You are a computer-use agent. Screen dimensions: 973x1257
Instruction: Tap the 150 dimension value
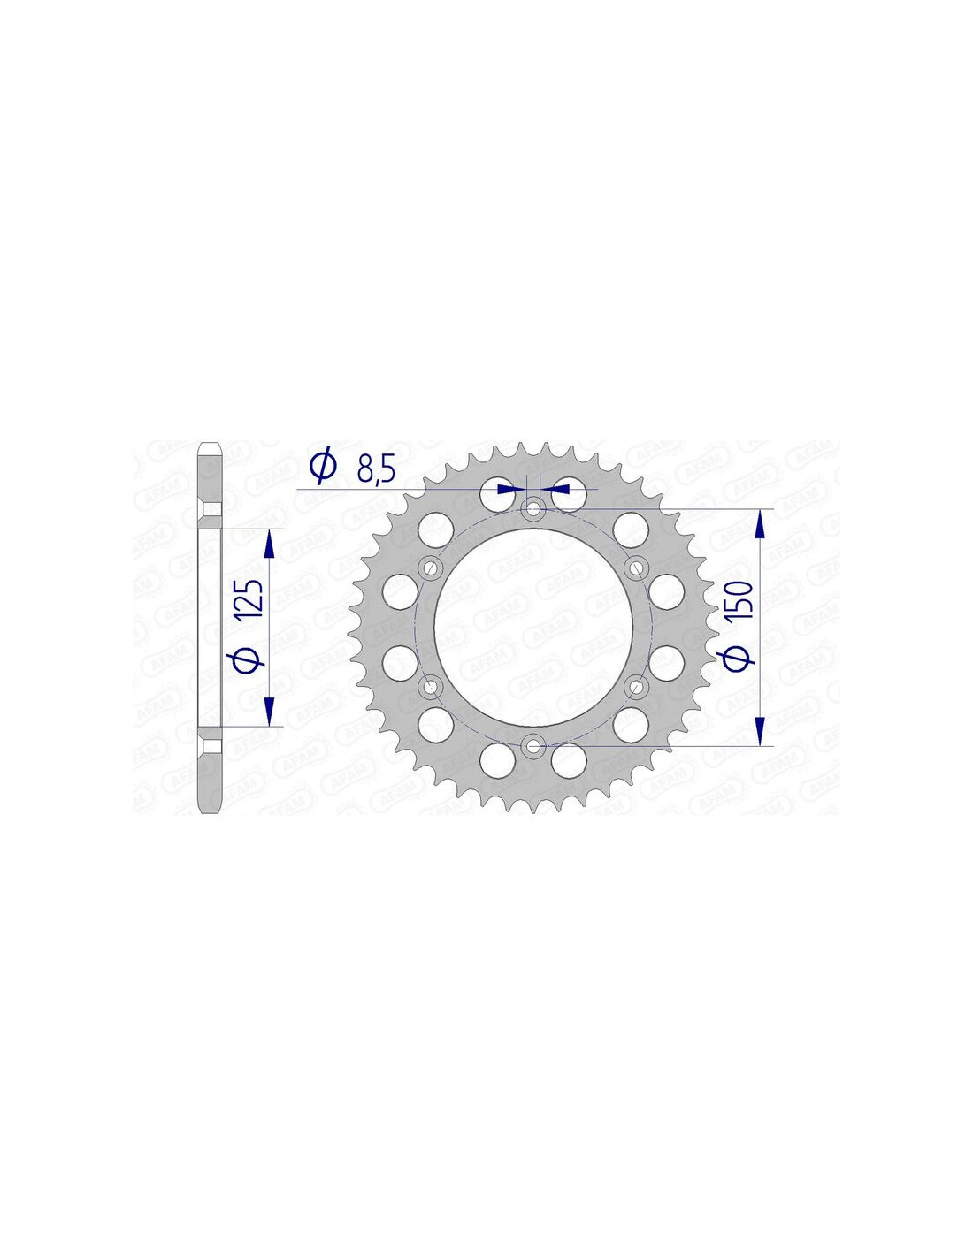point(741,602)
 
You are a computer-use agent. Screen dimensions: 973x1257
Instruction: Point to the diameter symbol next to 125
point(250,658)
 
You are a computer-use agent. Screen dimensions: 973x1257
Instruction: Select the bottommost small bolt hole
point(532,746)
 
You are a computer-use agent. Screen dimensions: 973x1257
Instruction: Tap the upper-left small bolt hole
point(430,568)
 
